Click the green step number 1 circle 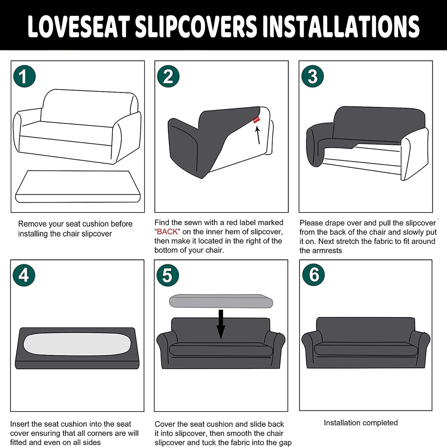24,76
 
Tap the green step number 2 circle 168,76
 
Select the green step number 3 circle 312,76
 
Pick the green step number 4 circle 24,275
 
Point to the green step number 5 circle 168,275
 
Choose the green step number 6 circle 314,275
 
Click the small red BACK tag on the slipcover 256,120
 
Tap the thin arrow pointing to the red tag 258,135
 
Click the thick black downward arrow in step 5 221,324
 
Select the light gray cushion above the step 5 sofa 221,301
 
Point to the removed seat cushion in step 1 78,187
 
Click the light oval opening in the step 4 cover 77,344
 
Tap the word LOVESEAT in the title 78,26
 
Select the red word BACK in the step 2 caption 167,232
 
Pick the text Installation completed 361,423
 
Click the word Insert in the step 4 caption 19,424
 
